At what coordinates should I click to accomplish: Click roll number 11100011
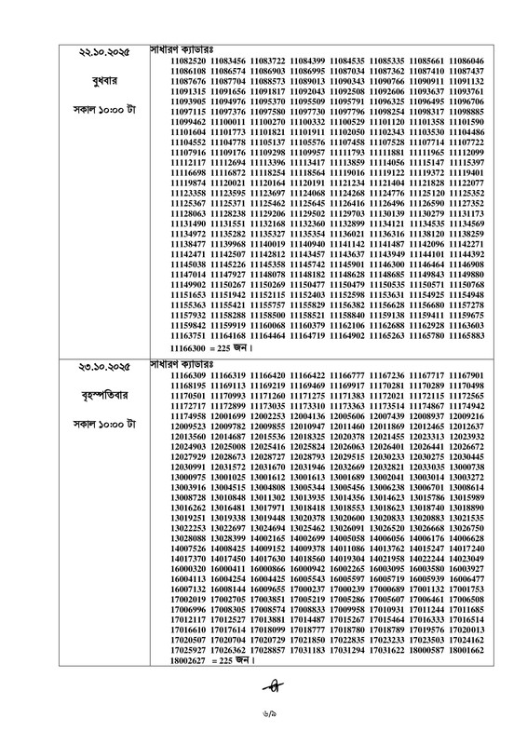(x=229, y=122)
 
